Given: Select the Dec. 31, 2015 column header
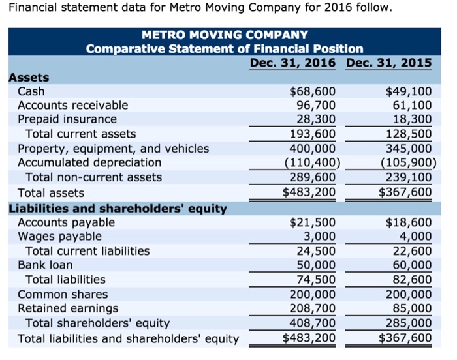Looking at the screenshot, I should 389,63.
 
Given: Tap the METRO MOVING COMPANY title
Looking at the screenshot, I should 225,34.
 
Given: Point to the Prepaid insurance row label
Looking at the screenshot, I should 67,119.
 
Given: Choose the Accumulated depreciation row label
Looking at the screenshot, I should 89,162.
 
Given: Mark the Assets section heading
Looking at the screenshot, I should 29,77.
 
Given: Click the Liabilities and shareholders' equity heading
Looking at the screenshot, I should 118,209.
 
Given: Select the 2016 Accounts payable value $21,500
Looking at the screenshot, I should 313,222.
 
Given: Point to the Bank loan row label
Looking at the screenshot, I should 45,265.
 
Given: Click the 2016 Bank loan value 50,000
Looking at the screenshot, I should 316,265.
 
